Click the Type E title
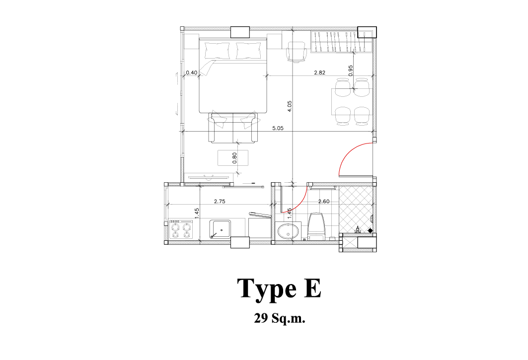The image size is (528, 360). [x=279, y=288]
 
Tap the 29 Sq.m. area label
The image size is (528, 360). [x=280, y=318]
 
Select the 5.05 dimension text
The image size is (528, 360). [x=278, y=128]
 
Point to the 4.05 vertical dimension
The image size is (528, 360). [x=290, y=106]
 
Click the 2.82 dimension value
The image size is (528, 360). [x=319, y=72]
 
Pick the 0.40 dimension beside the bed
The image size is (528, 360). [x=192, y=72]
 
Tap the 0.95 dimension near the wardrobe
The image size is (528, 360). [x=351, y=71]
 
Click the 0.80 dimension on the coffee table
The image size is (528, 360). [x=235, y=158]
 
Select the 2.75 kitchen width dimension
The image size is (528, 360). [x=220, y=202]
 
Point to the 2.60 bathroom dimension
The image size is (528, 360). [x=324, y=202]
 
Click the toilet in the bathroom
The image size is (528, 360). [x=316, y=226]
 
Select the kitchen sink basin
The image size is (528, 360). [x=220, y=229]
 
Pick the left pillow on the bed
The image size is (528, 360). [x=217, y=51]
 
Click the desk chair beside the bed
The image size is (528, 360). [x=297, y=52]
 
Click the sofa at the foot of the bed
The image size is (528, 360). [x=233, y=128]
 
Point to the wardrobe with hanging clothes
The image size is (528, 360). [x=341, y=42]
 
